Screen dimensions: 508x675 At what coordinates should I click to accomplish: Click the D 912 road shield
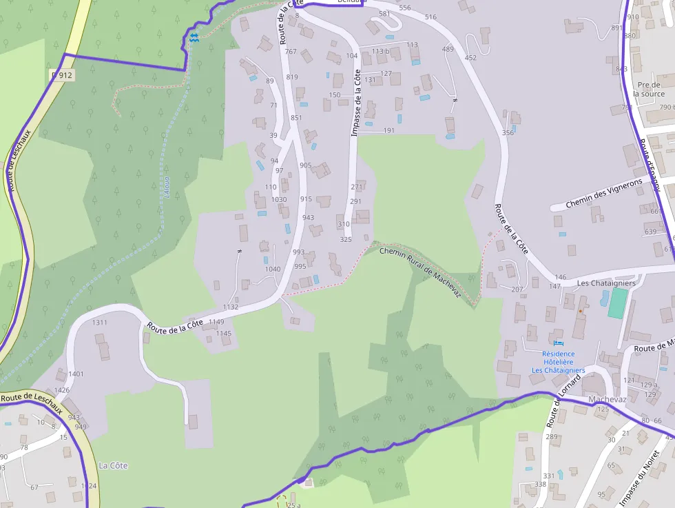point(62,74)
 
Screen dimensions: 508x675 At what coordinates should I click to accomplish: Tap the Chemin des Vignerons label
point(604,194)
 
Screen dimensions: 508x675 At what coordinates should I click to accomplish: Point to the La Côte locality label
point(113,465)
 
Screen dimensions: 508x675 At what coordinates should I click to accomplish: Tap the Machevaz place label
point(607,399)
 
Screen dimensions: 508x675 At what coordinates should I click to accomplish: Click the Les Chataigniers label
point(606,283)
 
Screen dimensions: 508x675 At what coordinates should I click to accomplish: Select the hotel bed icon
point(558,343)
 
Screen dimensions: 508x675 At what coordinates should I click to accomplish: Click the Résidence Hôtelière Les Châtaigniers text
point(558,362)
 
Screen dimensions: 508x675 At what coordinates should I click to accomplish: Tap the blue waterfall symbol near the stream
point(194,38)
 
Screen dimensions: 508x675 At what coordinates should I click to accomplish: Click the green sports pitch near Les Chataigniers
point(618,303)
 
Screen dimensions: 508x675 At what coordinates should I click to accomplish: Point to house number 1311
point(100,323)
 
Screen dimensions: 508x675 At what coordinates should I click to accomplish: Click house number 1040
point(273,269)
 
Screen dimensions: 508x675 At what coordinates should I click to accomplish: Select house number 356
point(508,133)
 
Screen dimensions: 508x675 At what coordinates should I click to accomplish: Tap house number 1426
point(62,390)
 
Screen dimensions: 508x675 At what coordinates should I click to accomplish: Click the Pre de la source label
point(648,89)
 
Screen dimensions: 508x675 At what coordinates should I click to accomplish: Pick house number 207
point(517,289)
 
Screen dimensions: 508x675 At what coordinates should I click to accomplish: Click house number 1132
point(231,307)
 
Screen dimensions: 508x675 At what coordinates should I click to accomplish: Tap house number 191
point(389,130)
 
